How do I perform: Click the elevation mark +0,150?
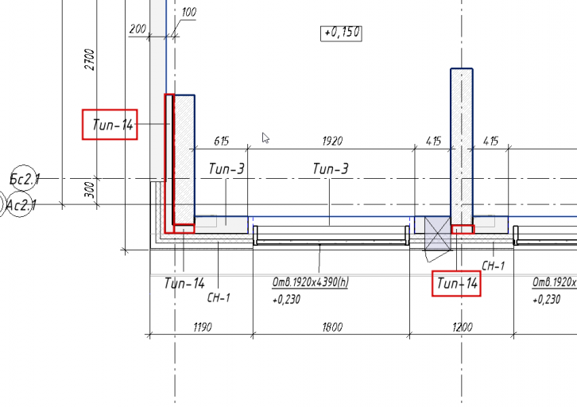341,33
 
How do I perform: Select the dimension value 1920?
332,141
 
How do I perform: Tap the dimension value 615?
221,141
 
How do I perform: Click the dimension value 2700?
90,60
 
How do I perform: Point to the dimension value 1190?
203,327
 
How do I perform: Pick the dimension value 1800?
332,327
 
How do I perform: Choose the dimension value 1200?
463,327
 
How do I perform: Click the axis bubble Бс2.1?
25,179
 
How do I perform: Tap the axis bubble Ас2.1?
21,204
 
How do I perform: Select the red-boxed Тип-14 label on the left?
110,124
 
